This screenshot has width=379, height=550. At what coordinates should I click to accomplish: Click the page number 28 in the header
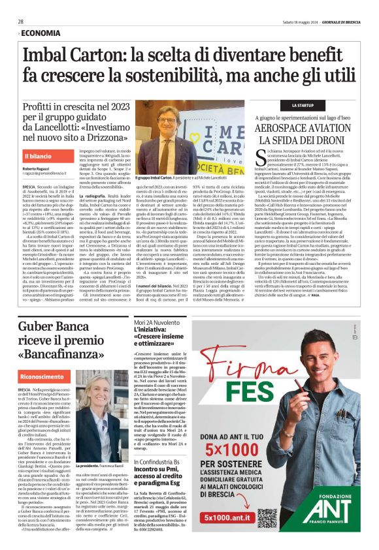[21, 22]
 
